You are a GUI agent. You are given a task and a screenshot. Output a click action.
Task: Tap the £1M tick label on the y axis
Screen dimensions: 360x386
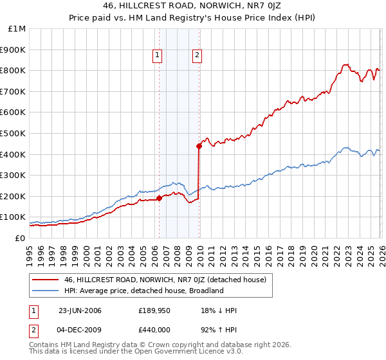tap(16, 29)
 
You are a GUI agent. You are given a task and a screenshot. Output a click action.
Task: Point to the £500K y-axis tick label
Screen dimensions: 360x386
tap(14, 134)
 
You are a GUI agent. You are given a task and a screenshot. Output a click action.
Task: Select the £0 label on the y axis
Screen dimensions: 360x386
tap(20, 238)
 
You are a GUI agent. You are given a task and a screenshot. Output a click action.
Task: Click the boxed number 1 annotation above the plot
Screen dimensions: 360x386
tap(156, 56)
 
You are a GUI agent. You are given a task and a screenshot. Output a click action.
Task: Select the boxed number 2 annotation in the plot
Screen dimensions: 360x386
tap(196, 56)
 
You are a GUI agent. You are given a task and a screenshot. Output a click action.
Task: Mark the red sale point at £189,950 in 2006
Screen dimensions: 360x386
tap(159, 198)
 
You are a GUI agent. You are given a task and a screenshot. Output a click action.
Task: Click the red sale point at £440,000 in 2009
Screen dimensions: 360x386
tap(199, 146)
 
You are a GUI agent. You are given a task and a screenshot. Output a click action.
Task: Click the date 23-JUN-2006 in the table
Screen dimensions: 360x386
tap(80, 310)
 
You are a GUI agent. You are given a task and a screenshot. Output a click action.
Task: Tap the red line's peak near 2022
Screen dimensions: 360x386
tap(345, 64)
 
